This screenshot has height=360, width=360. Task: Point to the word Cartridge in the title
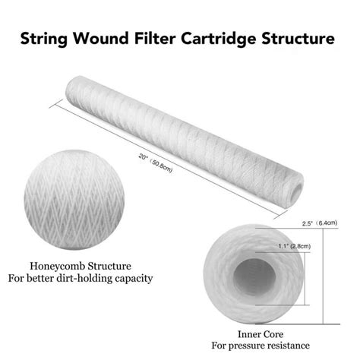217,36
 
